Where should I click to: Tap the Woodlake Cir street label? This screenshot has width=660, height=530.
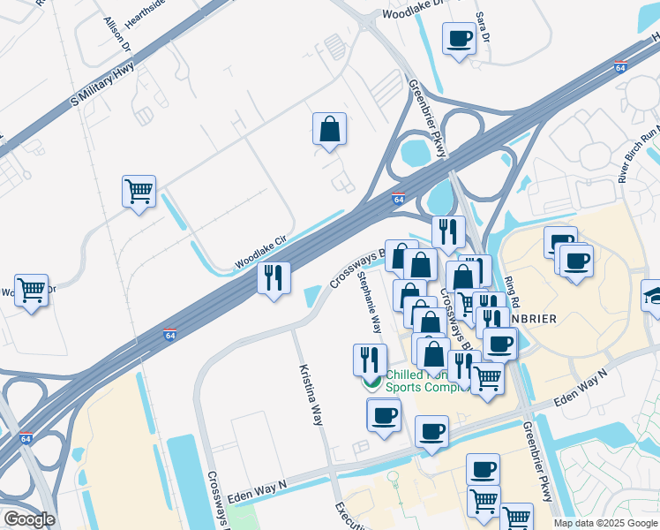pos(261,253)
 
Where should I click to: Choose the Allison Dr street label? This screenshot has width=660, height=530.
pos(117,34)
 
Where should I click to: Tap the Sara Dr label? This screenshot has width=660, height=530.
pos(482,27)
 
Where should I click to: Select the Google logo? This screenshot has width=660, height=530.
pos(29,519)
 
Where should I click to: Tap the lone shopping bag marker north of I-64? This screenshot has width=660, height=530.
pos(329,129)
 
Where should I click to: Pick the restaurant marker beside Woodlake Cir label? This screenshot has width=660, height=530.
pos(274,278)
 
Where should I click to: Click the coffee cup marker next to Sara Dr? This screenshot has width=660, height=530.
pos(459,39)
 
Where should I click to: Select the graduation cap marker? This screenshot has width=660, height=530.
pos(653,295)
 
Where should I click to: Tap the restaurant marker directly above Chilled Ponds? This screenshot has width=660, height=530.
pos(368,359)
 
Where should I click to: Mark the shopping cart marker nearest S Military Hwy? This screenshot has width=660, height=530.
pos(139,191)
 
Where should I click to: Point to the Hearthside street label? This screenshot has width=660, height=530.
pos(145,11)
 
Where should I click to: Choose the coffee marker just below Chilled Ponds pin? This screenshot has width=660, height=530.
pos(384,413)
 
